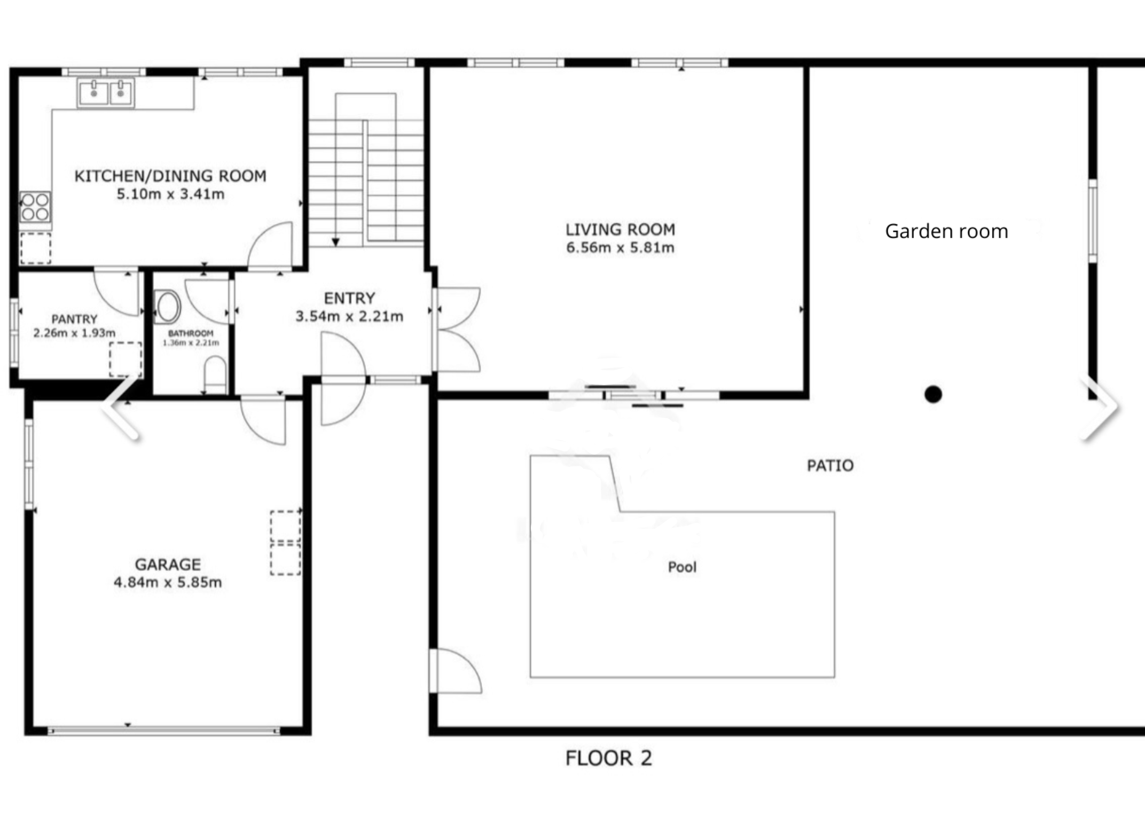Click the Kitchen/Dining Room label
point(170,176)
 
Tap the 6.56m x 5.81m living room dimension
point(620,248)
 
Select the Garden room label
point(946,231)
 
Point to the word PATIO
point(830,466)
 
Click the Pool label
point(682,567)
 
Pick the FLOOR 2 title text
point(609,758)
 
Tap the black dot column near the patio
point(933,394)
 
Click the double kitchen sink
point(106,92)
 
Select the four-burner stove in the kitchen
point(35,207)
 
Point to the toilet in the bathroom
point(215,375)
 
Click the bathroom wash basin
point(168,307)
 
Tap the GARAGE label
point(168,565)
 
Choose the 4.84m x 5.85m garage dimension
point(168,582)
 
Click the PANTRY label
point(74,319)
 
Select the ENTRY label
point(350,298)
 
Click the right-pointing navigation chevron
point(1100,408)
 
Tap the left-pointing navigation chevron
point(121,407)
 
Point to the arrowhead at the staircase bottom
point(335,242)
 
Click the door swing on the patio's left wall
point(456,671)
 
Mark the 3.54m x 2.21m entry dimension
point(349,316)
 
